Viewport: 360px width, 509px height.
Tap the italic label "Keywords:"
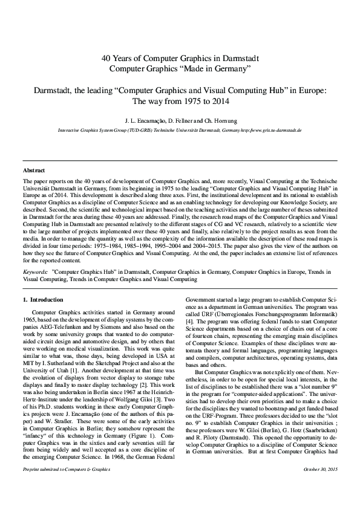coord(36,272)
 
